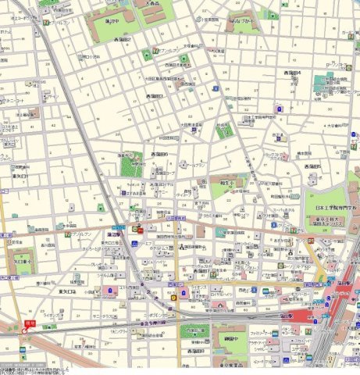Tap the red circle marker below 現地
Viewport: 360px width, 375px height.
pyautogui.click(x=25, y=330)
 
